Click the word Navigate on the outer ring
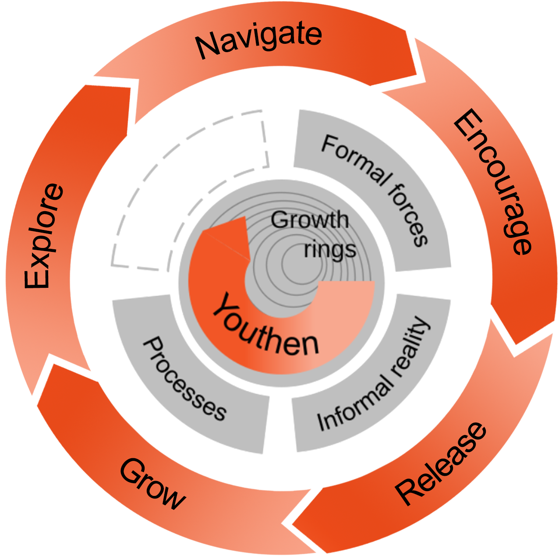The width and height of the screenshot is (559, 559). (258, 40)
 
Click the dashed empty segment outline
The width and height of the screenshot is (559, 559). (184, 175)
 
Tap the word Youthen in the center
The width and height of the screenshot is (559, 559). (265, 326)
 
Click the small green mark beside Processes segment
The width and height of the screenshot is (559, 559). (163, 287)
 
